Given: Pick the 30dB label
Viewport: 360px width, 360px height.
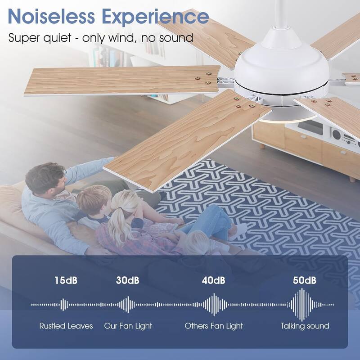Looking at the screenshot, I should coord(128,280).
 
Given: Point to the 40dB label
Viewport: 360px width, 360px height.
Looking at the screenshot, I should coord(213,280).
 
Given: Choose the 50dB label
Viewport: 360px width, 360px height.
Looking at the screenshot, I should coord(305,280).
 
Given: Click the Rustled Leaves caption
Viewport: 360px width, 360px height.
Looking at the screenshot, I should coord(66,326).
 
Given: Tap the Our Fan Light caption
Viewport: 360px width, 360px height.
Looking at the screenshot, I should coord(128,326).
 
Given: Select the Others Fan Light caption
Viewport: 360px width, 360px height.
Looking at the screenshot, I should coord(213,326).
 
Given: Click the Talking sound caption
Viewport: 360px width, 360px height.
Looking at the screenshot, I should coord(305,326).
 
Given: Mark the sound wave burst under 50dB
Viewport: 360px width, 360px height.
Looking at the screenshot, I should coord(302,305).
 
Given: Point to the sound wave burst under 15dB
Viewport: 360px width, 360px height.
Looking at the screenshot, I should coord(64,305).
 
